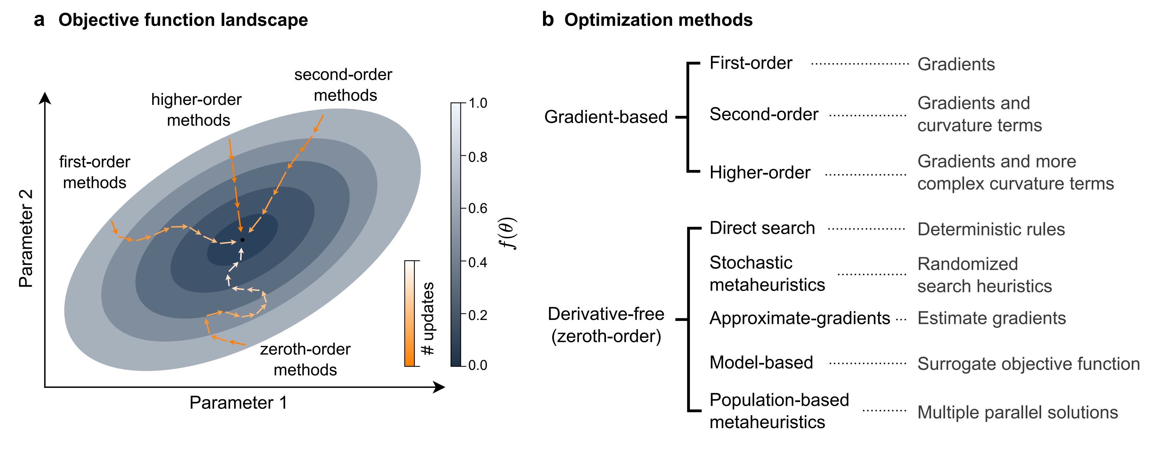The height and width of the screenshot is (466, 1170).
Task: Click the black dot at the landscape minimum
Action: click(x=243, y=240)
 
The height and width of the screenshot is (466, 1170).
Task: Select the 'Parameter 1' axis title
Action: click(x=238, y=403)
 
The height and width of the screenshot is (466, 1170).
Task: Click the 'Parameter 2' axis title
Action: click(x=26, y=238)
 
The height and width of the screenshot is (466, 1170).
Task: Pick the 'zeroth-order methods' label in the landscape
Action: click(x=305, y=359)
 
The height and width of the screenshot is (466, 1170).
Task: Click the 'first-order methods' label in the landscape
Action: click(x=94, y=172)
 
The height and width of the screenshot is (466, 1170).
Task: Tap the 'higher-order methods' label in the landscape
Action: click(x=197, y=110)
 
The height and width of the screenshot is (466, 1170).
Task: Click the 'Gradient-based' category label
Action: click(x=606, y=117)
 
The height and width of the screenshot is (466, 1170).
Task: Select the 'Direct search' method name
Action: click(x=762, y=228)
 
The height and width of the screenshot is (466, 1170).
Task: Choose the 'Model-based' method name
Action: click(x=761, y=362)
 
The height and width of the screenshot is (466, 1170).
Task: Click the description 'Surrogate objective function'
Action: click(x=1028, y=364)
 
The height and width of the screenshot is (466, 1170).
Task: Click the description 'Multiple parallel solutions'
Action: click(x=1018, y=413)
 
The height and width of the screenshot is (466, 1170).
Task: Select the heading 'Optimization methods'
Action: click(x=658, y=20)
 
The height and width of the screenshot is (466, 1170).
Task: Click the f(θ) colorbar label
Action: click(x=508, y=234)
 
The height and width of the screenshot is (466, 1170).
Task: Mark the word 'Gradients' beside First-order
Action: click(x=956, y=64)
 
